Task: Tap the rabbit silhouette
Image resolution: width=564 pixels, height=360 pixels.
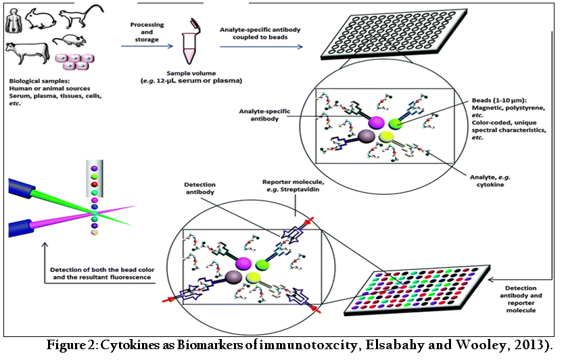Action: (40, 20)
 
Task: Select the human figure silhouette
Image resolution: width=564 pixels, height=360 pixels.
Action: (14, 21)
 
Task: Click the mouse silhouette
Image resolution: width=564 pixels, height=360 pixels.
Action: (70, 41)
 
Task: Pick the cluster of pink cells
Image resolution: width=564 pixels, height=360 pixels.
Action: (74, 62)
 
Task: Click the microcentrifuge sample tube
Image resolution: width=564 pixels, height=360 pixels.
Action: (190, 41)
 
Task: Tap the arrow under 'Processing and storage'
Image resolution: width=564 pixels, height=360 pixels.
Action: (147, 46)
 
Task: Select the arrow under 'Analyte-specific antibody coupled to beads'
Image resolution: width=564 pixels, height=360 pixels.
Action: (261, 47)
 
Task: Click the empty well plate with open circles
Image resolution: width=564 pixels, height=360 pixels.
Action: (394, 35)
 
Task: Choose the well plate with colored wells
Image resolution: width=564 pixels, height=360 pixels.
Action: (417, 290)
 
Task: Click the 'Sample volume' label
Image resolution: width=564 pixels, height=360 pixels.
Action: (191, 74)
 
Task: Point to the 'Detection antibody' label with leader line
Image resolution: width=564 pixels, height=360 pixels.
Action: (199, 188)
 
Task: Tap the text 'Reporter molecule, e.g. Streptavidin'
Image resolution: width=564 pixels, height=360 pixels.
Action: (291, 186)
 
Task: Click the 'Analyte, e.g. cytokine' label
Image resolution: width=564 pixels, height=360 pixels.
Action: (490, 181)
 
